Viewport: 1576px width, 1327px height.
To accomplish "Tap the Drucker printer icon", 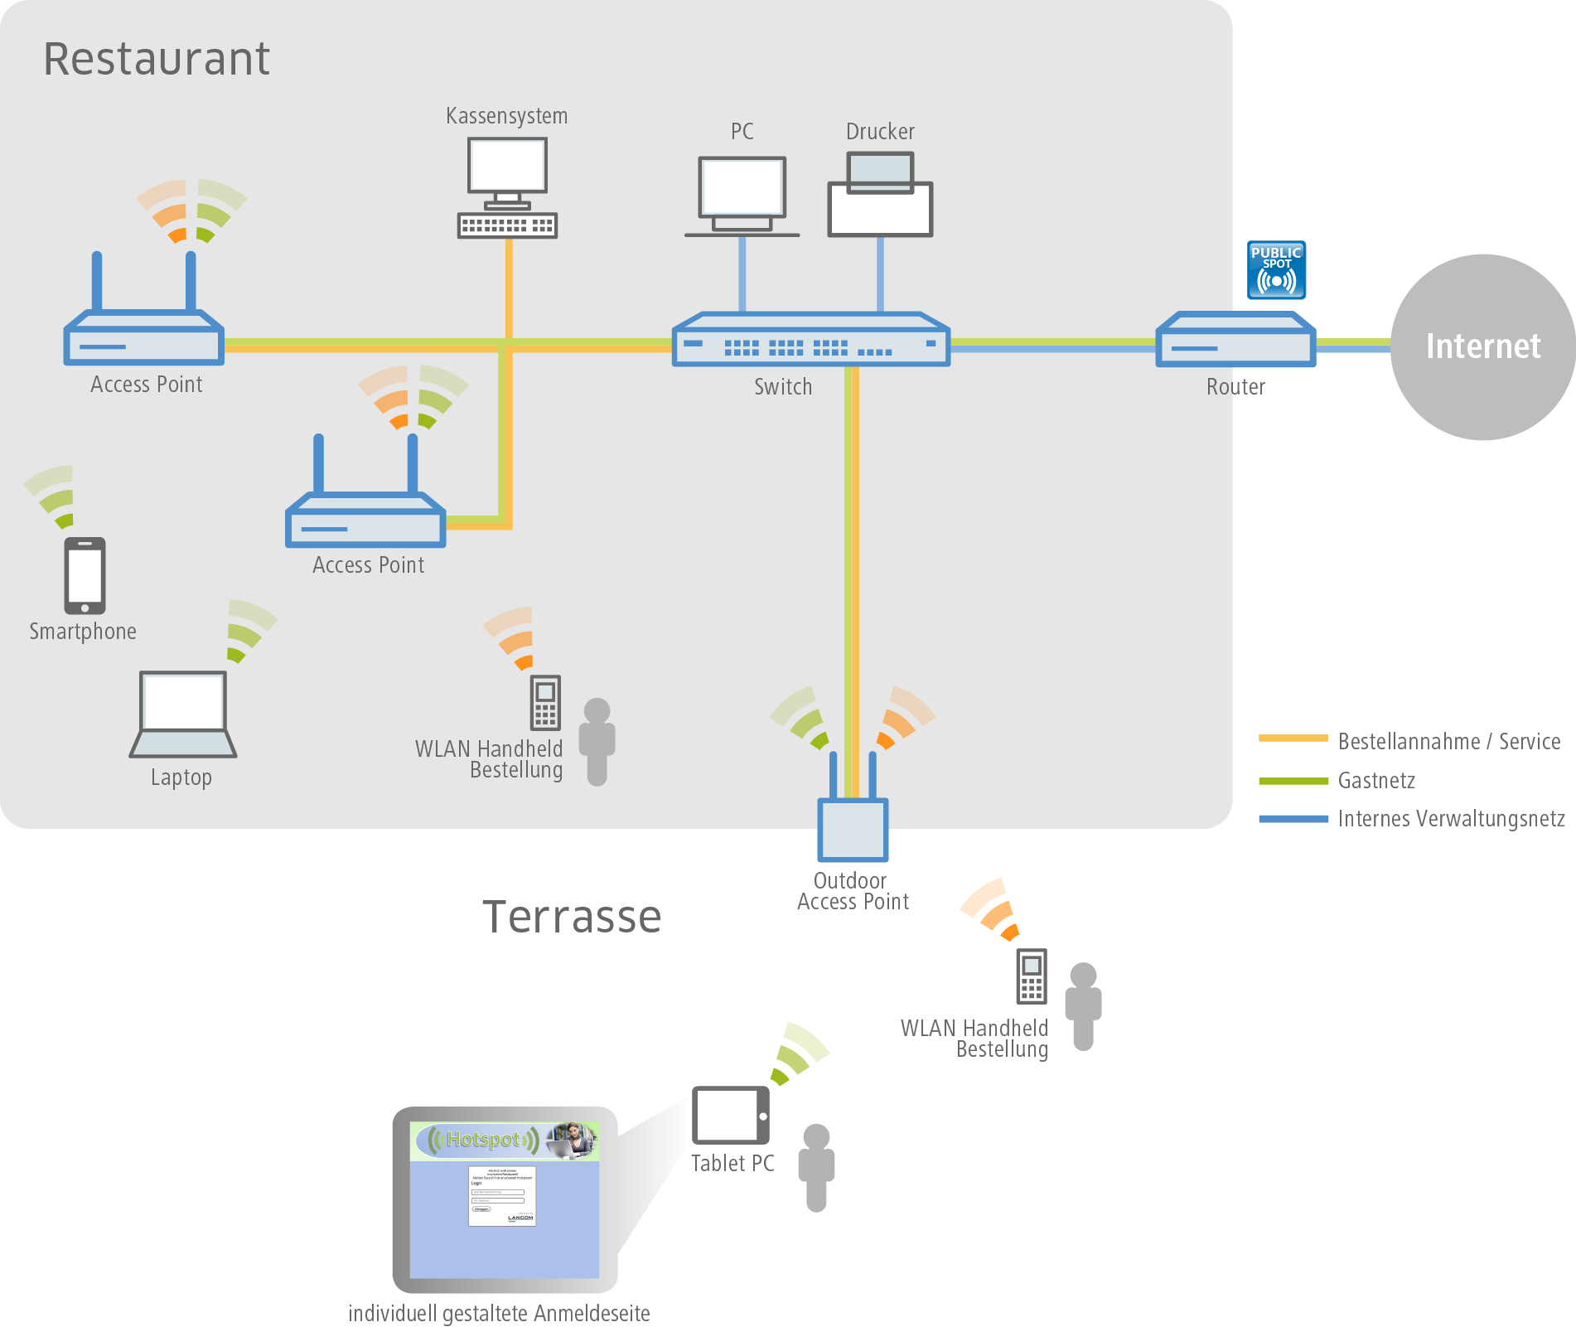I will click(x=880, y=196).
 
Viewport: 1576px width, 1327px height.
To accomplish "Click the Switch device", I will click(x=810, y=340).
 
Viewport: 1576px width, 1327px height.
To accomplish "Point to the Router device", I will click(x=1235, y=340).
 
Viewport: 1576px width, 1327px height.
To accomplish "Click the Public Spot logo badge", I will click(x=1276, y=270).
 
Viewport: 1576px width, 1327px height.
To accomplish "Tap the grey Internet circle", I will click(x=1482, y=346).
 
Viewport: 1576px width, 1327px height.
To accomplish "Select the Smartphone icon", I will click(x=85, y=575).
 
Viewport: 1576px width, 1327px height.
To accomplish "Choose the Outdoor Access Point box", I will click(x=853, y=829).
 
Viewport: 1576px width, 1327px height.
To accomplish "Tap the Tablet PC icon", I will click(x=731, y=1116).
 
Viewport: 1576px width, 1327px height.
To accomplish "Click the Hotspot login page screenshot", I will click(x=505, y=1199).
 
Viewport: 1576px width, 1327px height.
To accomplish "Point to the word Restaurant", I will click(x=157, y=59).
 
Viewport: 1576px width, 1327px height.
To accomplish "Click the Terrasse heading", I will click(x=572, y=917).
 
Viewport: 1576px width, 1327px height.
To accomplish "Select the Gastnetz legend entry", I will click(x=1376, y=781).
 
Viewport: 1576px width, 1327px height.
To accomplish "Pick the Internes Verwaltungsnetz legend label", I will click(x=1451, y=819).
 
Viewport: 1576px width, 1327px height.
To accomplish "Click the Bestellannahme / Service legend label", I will click(x=1449, y=742).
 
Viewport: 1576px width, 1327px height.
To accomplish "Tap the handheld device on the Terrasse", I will click(x=1032, y=976).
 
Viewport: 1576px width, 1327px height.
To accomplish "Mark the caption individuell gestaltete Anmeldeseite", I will click(x=499, y=1313).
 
